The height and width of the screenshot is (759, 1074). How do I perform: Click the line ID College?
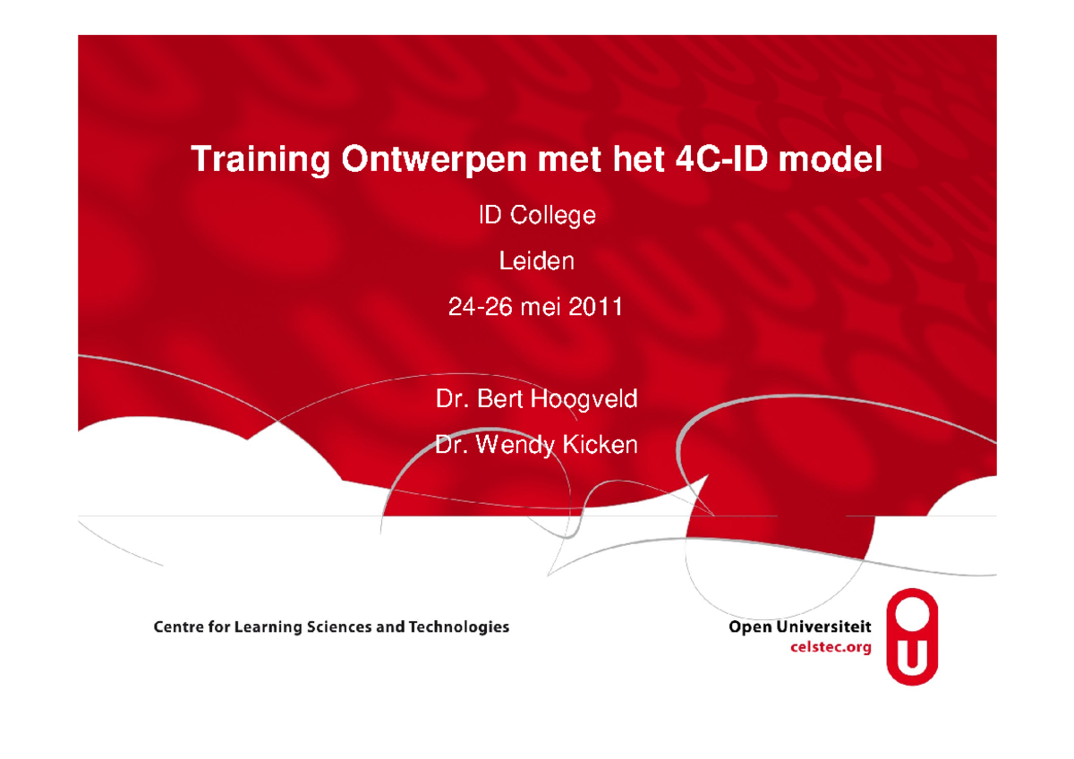point(536,216)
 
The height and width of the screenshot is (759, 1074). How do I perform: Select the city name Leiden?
point(536,261)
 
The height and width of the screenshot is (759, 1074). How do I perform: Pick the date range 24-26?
point(481,308)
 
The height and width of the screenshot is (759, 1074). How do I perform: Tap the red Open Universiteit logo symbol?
point(912,636)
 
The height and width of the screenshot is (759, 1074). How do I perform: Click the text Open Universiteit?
point(800,628)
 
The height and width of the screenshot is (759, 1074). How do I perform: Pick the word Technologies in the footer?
point(458,627)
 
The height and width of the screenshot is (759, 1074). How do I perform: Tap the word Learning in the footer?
point(268,627)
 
